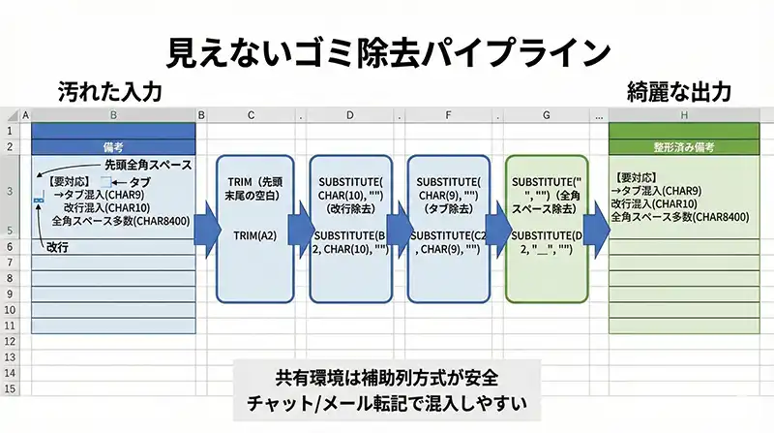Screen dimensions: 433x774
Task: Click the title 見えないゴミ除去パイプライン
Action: pyautogui.click(x=386, y=51)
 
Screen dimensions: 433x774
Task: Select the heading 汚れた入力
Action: pyautogui.click(x=107, y=92)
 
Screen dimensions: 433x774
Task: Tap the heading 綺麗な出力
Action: pyautogui.click(x=677, y=92)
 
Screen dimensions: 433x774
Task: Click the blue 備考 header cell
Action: pyautogui.click(x=113, y=147)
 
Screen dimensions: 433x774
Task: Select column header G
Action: pyautogui.click(x=547, y=115)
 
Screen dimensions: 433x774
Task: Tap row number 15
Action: pyautogui.click(x=11, y=388)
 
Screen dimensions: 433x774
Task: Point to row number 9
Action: pyautogui.click(x=11, y=294)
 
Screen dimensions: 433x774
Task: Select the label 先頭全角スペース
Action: pyautogui.click(x=148, y=165)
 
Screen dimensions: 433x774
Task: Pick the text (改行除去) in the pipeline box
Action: pyautogui.click(x=350, y=208)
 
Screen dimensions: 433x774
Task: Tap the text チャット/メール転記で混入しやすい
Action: pyautogui.click(x=386, y=400)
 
